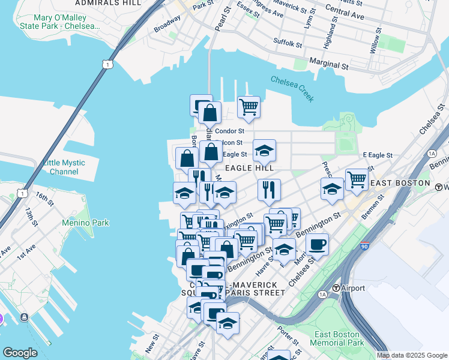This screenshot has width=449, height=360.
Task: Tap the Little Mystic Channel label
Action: click(64, 167)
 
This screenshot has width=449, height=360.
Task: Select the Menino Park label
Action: click(85, 223)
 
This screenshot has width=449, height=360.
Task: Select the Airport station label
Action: click(352, 288)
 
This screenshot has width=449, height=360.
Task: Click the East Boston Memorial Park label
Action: click(337, 338)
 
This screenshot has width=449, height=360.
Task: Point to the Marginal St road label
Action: click(329, 64)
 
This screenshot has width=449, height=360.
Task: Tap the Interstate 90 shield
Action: click(365, 245)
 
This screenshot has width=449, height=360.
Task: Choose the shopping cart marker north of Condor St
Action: click(249, 107)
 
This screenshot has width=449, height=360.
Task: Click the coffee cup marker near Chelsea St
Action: click(317, 244)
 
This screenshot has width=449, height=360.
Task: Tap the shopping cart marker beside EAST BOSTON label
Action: click(357, 179)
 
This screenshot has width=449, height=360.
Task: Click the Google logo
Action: click(20, 353)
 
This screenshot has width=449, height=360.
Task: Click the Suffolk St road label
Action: click(288, 43)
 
